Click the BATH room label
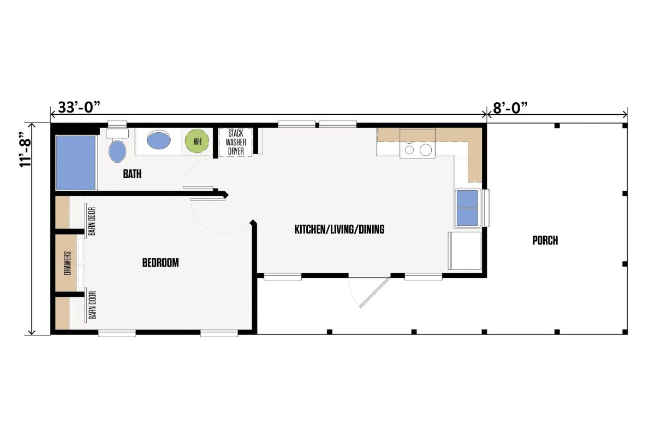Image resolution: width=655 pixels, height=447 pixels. pyautogui.click(x=132, y=174)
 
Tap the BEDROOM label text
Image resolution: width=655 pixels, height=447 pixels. pyautogui.click(x=160, y=263)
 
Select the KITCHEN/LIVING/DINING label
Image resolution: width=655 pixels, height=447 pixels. pyautogui.click(x=339, y=230)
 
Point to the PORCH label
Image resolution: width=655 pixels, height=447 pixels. pyautogui.click(x=545, y=240)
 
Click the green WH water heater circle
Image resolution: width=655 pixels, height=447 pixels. pyautogui.click(x=197, y=141)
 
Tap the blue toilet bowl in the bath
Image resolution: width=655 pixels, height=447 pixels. pyautogui.click(x=117, y=151)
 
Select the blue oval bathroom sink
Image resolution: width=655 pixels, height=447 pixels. pyautogui.click(x=159, y=140)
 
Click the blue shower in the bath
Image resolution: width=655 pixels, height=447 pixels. pyautogui.click(x=76, y=162)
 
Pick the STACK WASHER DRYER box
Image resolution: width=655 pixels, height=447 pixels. pyautogui.click(x=236, y=142)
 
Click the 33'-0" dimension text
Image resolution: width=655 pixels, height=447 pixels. pyautogui.click(x=79, y=107)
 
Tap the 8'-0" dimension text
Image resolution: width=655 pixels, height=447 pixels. pyautogui.click(x=510, y=108)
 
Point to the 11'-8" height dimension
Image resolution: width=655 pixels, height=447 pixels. pyautogui.click(x=26, y=150)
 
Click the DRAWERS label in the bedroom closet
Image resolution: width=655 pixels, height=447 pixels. pyautogui.click(x=68, y=263)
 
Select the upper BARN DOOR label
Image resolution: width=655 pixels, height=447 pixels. pyautogui.click(x=92, y=221)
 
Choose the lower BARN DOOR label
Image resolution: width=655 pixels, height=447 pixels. pyautogui.click(x=92, y=305)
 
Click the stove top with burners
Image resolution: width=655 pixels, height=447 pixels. pyautogui.click(x=418, y=144)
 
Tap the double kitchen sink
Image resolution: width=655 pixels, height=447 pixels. pyautogui.click(x=467, y=208)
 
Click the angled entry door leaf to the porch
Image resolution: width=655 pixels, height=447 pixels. pyautogui.click(x=375, y=292)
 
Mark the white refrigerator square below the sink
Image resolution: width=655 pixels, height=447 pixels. pyautogui.click(x=466, y=251)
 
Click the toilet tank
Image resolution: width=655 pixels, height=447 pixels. pyautogui.click(x=117, y=133)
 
